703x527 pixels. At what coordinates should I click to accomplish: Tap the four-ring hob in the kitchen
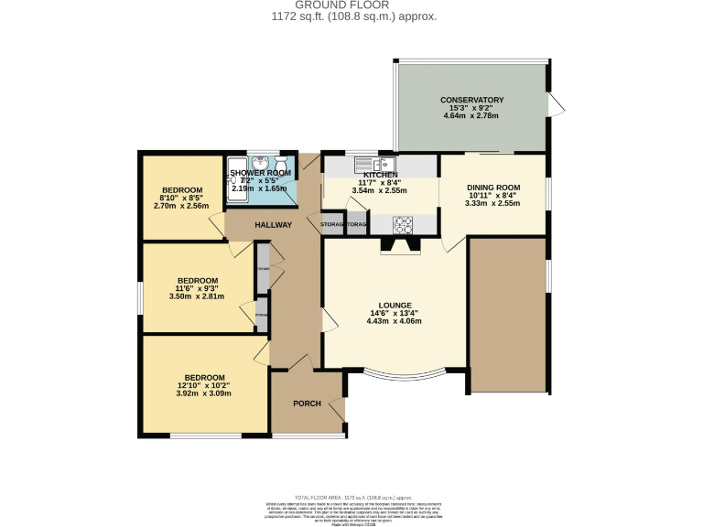[x=405, y=223]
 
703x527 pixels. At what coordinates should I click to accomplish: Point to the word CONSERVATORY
[x=471, y=101]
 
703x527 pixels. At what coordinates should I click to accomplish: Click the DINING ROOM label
[x=494, y=187]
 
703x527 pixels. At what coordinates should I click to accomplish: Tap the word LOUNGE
[x=395, y=305]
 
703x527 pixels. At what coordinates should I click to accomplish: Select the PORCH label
[x=307, y=403]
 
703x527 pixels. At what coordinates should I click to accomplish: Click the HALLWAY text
[x=272, y=225]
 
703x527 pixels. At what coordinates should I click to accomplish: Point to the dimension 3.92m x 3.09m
[x=203, y=393]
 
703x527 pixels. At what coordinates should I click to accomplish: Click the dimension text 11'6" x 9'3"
[x=198, y=289]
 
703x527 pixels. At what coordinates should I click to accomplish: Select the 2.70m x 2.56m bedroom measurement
[x=179, y=206]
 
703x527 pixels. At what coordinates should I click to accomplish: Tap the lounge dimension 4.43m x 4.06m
[x=395, y=321]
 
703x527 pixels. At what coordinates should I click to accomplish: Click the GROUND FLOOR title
[x=353, y=5]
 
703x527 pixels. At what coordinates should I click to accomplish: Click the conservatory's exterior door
[x=555, y=104]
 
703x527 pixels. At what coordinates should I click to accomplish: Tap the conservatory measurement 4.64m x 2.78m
[x=471, y=117]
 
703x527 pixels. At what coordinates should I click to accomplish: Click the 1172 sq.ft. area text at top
[x=353, y=16]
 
